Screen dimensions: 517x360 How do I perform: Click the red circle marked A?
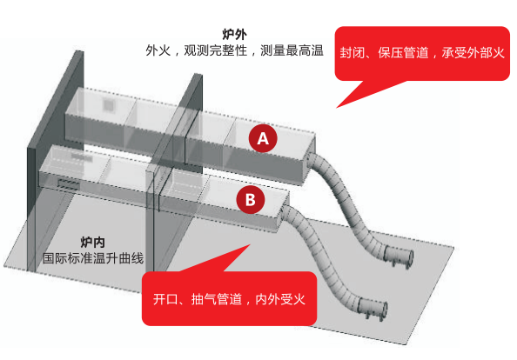click(x=263, y=138)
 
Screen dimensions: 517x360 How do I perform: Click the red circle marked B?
click(x=251, y=200)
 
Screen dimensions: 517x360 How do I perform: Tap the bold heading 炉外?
click(x=234, y=34)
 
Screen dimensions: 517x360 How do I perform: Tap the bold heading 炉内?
click(x=93, y=243)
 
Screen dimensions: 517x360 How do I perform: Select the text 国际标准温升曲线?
click(x=93, y=258)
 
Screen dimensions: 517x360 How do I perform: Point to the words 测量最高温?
click(x=292, y=50)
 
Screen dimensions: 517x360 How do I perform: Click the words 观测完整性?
click(x=215, y=50)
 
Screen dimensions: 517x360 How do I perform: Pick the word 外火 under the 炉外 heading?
click(x=158, y=50)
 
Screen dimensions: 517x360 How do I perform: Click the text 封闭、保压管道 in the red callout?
click(x=384, y=53)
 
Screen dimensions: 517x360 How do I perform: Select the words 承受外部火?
click(x=473, y=53)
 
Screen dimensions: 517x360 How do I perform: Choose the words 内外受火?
click(x=280, y=299)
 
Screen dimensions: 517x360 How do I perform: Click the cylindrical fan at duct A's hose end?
click(x=398, y=257)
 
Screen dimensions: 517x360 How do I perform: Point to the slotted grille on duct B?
click(x=69, y=184)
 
